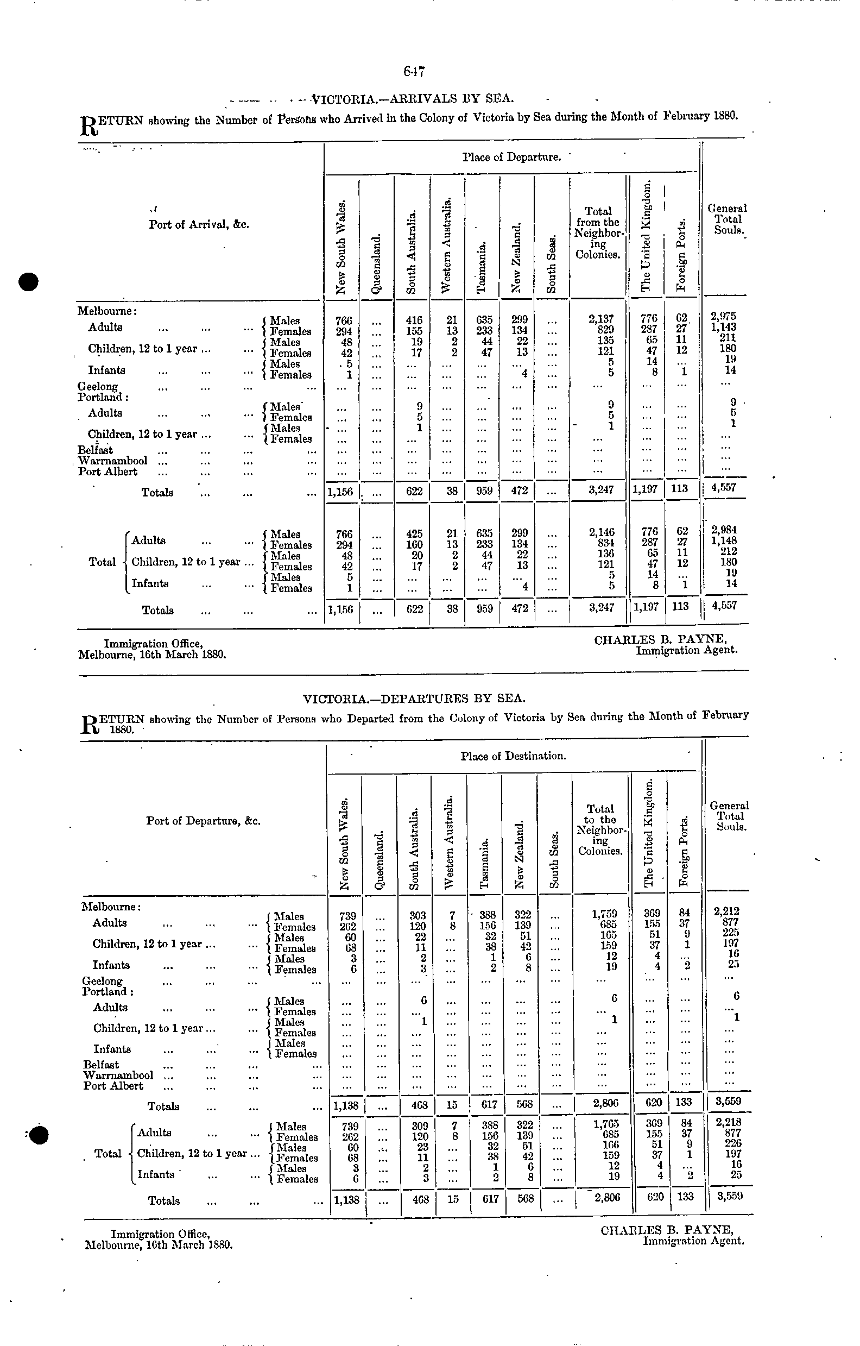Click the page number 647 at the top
(x=415, y=71)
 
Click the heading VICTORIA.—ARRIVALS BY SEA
(x=413, y=99)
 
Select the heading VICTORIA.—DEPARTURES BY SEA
(x=414, y=698)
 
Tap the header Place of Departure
(x=511, y=157)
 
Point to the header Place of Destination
(x=513, y=756)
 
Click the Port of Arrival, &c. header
(x=198, y=225)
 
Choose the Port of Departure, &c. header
(x=203, y=821)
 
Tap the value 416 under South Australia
(x=414, y=320)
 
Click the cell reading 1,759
(x=604, y=915)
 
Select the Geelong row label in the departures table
(x=102, y=980)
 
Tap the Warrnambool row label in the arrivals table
(x=113, y=461)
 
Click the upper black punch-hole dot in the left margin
(x=27, y=282)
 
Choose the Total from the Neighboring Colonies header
(x=598, y=233)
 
